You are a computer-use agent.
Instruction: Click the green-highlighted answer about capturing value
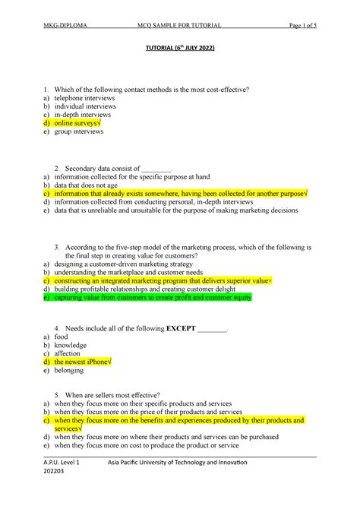pyautogui.click(x=153, y=298)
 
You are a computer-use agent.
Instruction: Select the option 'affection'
pyautogui.click(x=69, y=352)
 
